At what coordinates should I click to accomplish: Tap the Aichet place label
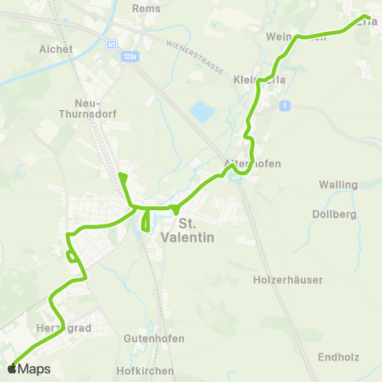(x=56, y=49)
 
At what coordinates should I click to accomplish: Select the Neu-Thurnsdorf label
(x=95, y=109)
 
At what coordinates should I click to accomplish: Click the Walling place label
(x=337, y=185)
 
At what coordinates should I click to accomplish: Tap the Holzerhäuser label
(x=287, y=280)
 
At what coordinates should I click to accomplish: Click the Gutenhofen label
(x=154, y=338)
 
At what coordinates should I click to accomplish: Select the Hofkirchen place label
(x=145, y=371)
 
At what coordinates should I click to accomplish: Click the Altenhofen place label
(x=252, y=163)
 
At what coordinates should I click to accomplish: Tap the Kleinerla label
(x=259, y=80)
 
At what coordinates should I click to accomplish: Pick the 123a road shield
(x=129, y=56)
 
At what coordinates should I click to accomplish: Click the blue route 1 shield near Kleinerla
(x=283, y=105)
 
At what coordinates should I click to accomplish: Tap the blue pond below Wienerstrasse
(x=203, y=112)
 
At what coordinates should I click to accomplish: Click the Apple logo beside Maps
(x=12, y=369)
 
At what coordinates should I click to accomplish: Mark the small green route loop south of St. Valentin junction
(x=146, y=220)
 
